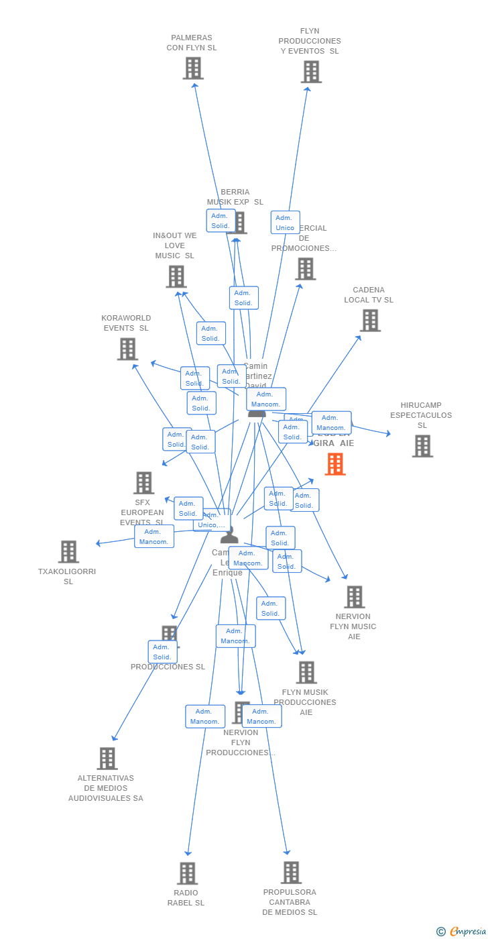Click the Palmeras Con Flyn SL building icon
[x=193, y=68]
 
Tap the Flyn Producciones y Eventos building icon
[x=311, y=72]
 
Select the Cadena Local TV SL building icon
[x=370, y=321]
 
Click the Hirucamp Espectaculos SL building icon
[x=422, y=446]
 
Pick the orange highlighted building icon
[x=335, y=464]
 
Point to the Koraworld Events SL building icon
[x=127, y=349]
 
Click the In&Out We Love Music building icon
[x=176, y=276]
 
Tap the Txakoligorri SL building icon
[x=68, y=552]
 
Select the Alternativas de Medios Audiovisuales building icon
[x=107, y=759]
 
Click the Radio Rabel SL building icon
[x=188, y=873]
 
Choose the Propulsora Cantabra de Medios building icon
[x=291, y=873]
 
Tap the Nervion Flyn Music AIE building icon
[x=354, y=597]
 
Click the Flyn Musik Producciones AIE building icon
[x=306, y=672]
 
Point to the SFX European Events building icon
[x=143, y=483]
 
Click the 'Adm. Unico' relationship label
[x=285, y=223]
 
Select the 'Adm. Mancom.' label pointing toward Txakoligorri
[x=154, y=537]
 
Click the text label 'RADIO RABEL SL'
[x=186, y=897]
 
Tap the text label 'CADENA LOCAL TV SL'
[x=369, y=295]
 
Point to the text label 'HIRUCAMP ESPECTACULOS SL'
[x=421, y=415]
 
